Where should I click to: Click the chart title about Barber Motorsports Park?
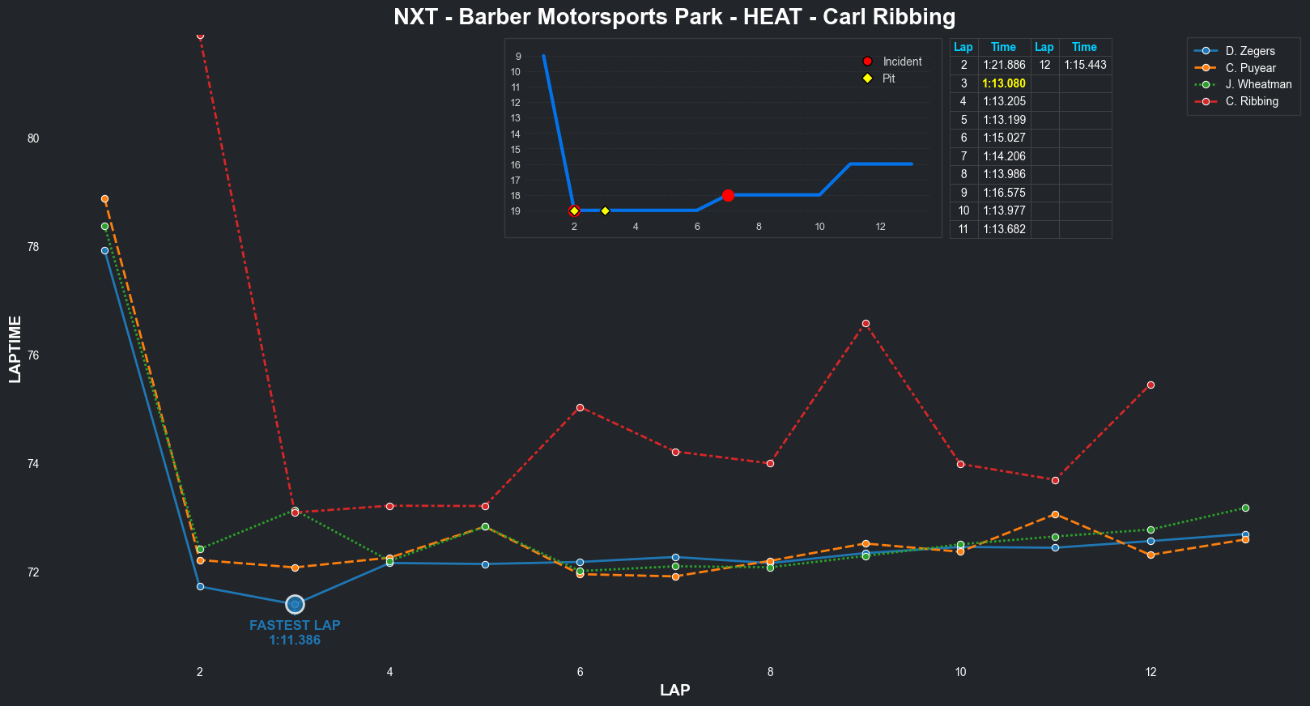pyautogui.click(x=674, y=17)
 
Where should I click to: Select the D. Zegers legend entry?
pyautogui.click(x=1249, y=51)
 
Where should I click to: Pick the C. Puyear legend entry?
pyautogui.click(x=1249, y=68)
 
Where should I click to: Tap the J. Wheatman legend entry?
pyautogui.click(x=1257, y=84)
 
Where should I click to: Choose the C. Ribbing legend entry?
pyautogui.click(x=1251, y=101)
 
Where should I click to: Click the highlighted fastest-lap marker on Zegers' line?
pyautogui.click(x=295, y=604)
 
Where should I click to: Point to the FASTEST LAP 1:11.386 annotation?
pyautogui.click(x=295, y=632)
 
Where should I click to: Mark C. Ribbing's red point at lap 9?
pyautogui.click(x=866, y=323)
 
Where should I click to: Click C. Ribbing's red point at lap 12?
pyautogui.click(x=1151, y=385)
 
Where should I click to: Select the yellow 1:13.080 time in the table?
pyautogui.click(x=1004, y=83)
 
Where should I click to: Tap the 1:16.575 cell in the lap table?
pyautogui.click(x=1004, y=193)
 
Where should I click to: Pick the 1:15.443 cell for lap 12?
pyautogui.click(x=1085, y=65)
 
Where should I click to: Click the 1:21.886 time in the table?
pyautogui.click(x=1004, y=65)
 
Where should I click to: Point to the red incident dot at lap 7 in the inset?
pyautogui.click(x=728, y=195)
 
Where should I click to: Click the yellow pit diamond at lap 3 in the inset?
pyautogui.click(x=605, y=211)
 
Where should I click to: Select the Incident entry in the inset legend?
pyautogui.click(x=901, y=62)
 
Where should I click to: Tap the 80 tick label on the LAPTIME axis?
pyautogui.click(x=33, y=138)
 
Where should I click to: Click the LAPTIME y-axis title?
pyautogui.click(x=15, y=349)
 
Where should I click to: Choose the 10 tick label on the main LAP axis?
pyautogui.click(x=960, y=672)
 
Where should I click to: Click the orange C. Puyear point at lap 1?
pyautogui.click(x=104, y=198)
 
